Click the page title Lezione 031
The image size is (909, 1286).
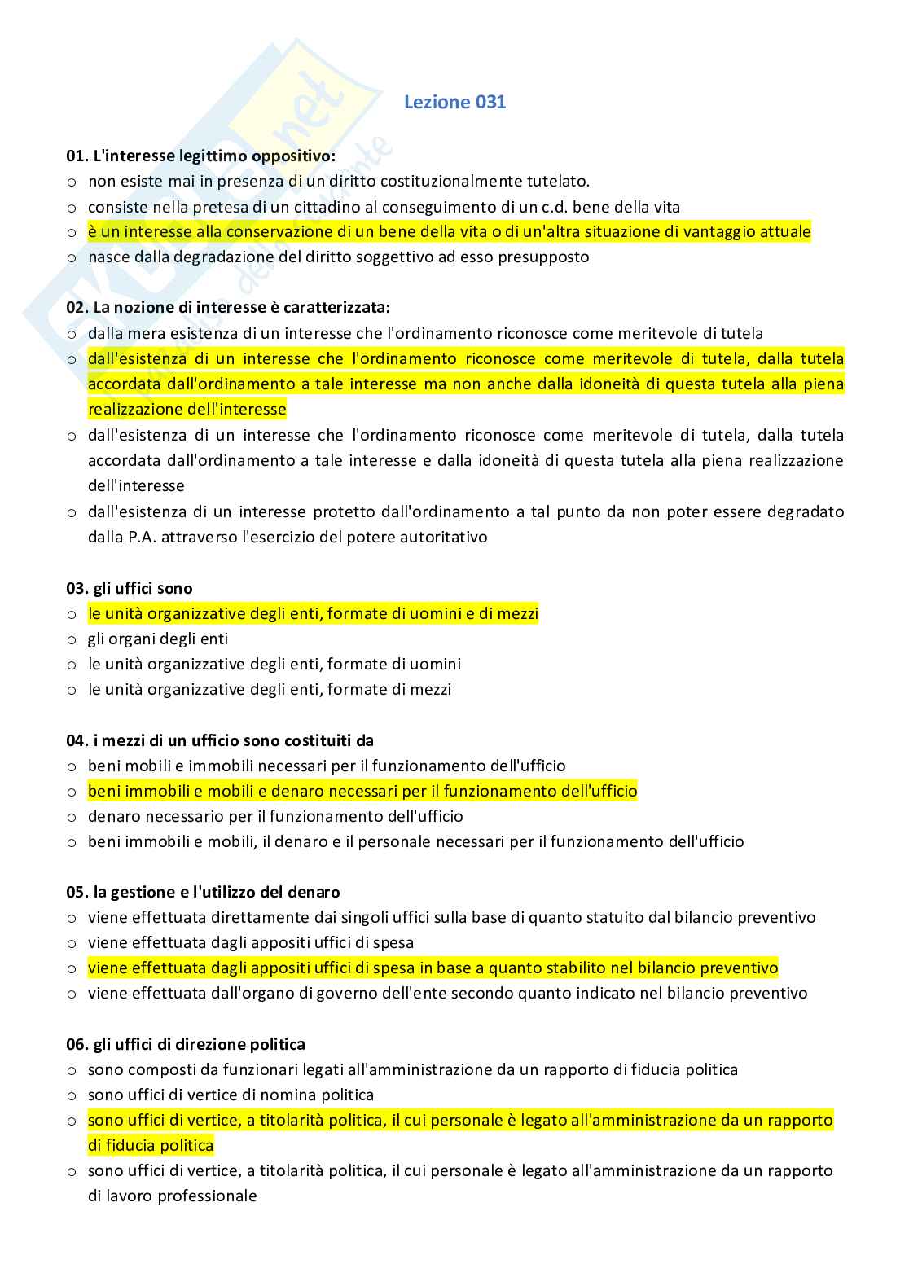coord(455,102)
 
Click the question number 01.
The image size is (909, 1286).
coord(77,156)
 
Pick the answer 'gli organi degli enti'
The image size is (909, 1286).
coord(158,639)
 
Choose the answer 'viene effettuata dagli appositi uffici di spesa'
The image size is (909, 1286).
coord(251,942)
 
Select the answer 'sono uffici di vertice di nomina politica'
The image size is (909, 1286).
coord(231,1095)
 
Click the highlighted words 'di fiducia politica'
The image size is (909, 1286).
coord(151,1145)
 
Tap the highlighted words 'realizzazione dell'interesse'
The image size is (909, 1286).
coord(187,409)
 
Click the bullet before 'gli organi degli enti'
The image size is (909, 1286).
coord(72,639)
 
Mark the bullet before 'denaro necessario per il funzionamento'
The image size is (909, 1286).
coord(72,817)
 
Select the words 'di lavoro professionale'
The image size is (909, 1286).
coord(173,1196)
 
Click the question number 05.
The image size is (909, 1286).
coord(77,892)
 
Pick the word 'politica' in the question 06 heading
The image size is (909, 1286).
coord(275,1044)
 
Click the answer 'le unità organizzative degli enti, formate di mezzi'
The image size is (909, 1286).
coord(270,689)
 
